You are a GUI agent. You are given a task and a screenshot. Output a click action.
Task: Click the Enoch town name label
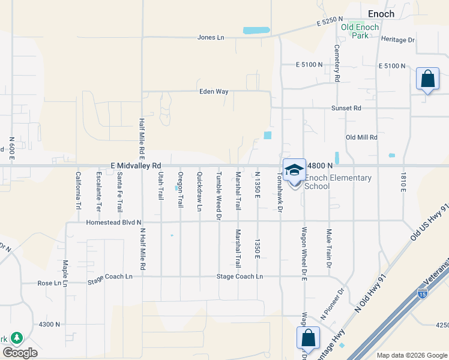pos(381,14)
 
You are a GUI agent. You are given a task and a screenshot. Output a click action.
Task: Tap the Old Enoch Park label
pos(360,31)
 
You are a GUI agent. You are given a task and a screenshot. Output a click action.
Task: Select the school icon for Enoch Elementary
pos(294,171)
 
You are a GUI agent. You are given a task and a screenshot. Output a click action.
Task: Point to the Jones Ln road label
pos(210,38)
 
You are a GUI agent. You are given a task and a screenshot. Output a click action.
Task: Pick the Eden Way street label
pos(214,92)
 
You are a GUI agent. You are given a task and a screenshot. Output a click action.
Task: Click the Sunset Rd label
pos(346,109)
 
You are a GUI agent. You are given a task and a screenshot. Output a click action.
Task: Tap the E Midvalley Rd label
pos(136,165)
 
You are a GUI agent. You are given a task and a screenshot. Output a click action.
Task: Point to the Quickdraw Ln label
pos(199,191)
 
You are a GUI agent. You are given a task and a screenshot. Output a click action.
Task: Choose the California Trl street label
pos(77,191)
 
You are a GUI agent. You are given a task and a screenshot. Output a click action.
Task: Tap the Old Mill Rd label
pos(361,137)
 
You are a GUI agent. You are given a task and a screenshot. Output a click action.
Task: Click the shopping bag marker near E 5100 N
pos(427,79)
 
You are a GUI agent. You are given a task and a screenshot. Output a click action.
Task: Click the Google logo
pos(20,353)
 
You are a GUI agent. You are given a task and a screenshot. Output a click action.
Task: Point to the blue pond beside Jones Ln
pos(256,30)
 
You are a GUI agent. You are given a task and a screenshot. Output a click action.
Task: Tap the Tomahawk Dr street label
pos(279,192)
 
